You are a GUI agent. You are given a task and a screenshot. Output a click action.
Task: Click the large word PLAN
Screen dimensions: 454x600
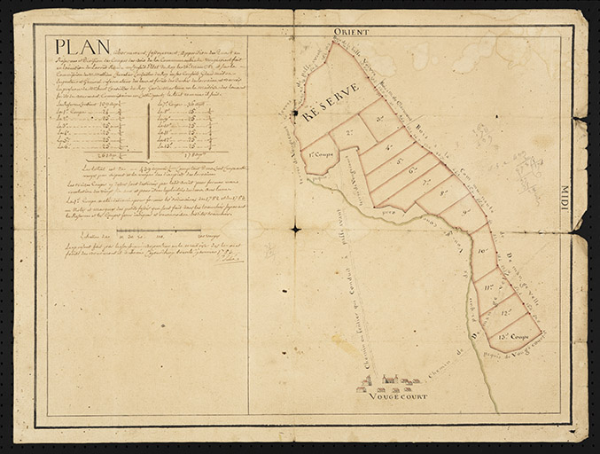75,47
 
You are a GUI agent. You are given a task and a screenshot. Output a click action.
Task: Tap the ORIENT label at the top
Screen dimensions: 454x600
350,32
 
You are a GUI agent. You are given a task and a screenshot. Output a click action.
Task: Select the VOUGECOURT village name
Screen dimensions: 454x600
397,395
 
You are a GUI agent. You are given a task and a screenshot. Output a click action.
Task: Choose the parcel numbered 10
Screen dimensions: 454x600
483,252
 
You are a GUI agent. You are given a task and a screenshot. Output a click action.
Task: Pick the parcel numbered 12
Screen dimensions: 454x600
506,312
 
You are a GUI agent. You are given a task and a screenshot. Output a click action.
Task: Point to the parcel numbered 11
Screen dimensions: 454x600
489,286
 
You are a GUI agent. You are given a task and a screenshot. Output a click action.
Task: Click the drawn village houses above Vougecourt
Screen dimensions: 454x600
386,382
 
